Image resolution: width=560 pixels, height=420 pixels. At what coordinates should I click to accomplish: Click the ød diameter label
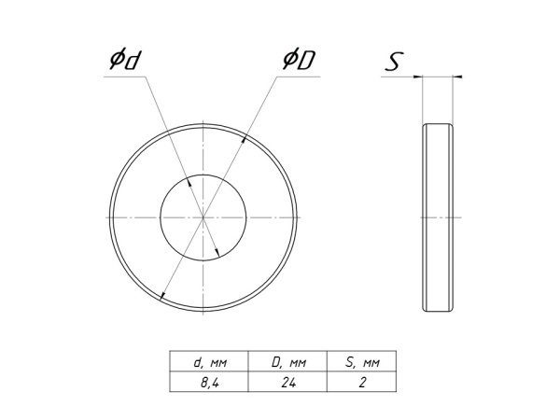pyautogui.click(x=124, y=61)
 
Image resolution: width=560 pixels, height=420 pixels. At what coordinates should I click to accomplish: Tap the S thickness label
pyautogui.click(x=396, y=63)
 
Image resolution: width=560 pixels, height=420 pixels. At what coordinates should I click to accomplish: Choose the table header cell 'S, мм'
pyautogui.click(x=360, y=361)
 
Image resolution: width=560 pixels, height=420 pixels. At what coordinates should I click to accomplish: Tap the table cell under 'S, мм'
pyautogui.click(x=360, y=382)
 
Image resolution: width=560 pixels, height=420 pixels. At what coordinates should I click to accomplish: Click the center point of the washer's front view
pyautogui.click(x=203, y=217)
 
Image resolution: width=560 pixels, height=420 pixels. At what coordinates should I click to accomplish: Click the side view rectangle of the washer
pyautogui.click(x=440, y=217)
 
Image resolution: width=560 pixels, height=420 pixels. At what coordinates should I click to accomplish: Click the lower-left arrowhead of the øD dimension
pyautogui.click(x=163, y=296)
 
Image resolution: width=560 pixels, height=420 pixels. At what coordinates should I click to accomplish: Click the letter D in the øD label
pyautogui.click(x=306, y=61)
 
